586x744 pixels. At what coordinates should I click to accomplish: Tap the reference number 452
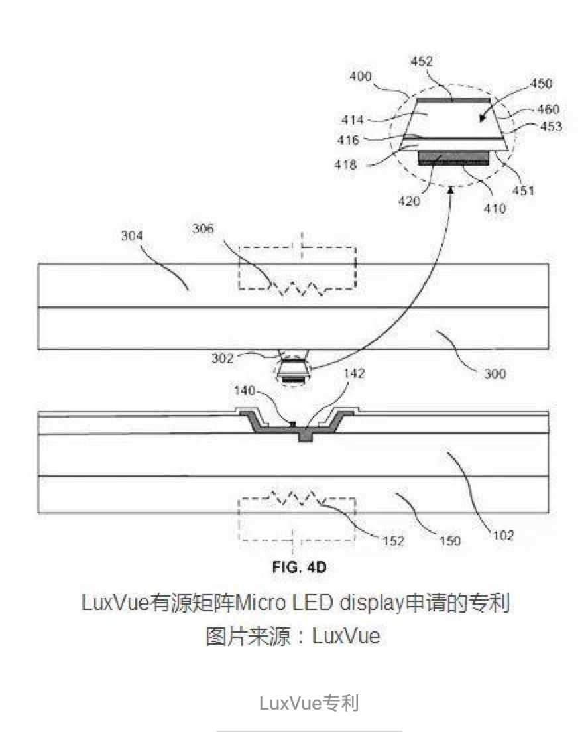click(x=421, y=62)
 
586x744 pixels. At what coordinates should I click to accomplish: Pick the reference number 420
click(x=409, y=200)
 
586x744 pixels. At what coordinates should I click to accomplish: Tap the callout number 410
click(x=495, y=208)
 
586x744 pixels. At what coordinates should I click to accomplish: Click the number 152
click(x=393, y=541)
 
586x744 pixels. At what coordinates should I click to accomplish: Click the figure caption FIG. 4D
click(x=299, y=567)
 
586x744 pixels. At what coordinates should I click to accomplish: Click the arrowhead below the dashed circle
click(x=452, y=190)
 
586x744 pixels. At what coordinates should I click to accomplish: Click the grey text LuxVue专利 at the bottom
click(x=309, y=702)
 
